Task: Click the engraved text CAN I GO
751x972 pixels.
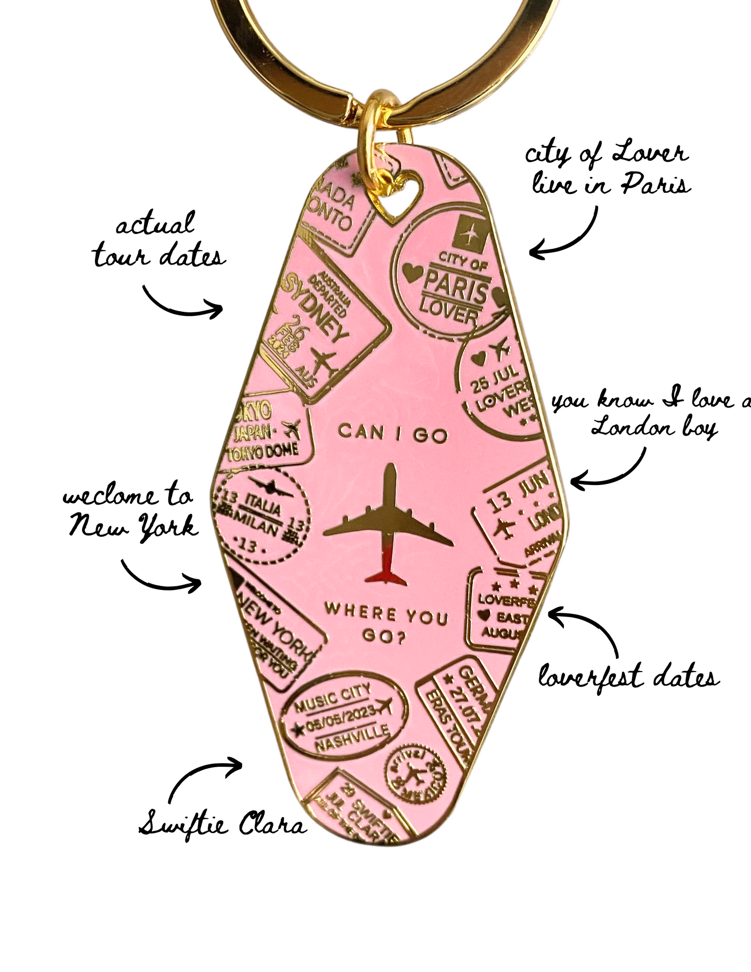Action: click(392, 432)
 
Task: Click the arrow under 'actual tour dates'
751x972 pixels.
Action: click(182, 304)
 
